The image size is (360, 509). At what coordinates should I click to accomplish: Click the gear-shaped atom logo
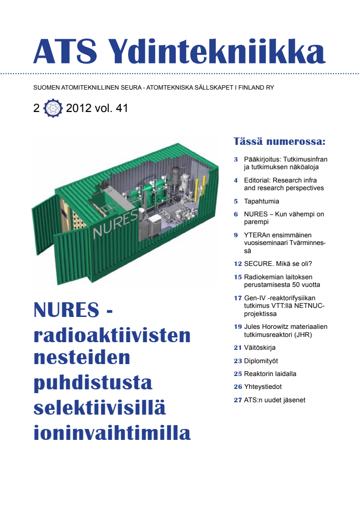pyautogui.click(x=53, y=109)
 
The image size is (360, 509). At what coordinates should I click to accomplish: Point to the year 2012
pyautogui.click(x=79, y=109)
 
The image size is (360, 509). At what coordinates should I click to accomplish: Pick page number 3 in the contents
pyautogui.click(x=236, y=159)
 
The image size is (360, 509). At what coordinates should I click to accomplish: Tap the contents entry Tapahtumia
pyautogui.click(x=261, y=201)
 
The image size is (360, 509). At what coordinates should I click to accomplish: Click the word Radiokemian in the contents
pyautogui.click(x=264, y=276)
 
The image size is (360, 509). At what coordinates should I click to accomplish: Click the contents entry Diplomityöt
pyautogui.click(x=260, y=361)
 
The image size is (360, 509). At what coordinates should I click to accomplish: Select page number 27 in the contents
pyautogui.click(x=238, y=400)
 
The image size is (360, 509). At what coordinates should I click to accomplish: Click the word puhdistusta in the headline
pyautogui.click(x=93, y=382)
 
